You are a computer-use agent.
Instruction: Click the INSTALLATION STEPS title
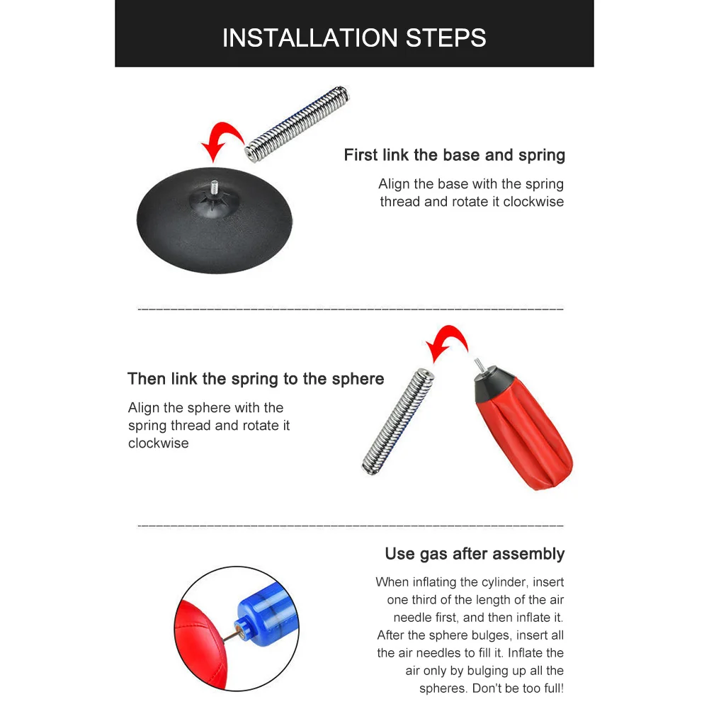point(354,38)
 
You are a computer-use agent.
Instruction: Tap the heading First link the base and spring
point(455,155)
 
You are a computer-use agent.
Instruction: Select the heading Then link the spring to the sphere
point(256,379)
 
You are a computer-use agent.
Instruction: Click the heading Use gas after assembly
point(475,554)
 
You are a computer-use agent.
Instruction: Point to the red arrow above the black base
point(226,131)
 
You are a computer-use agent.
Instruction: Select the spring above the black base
point(297,123)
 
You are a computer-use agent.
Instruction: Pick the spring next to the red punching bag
point(398,421)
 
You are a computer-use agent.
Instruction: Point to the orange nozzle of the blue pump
point(241,630)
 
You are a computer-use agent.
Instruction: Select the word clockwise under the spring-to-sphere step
point(158,443)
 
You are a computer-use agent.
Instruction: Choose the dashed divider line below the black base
point(351,310)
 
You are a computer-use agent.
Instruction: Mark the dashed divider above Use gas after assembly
point(351,526)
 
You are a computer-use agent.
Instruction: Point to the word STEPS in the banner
point(446,38)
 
